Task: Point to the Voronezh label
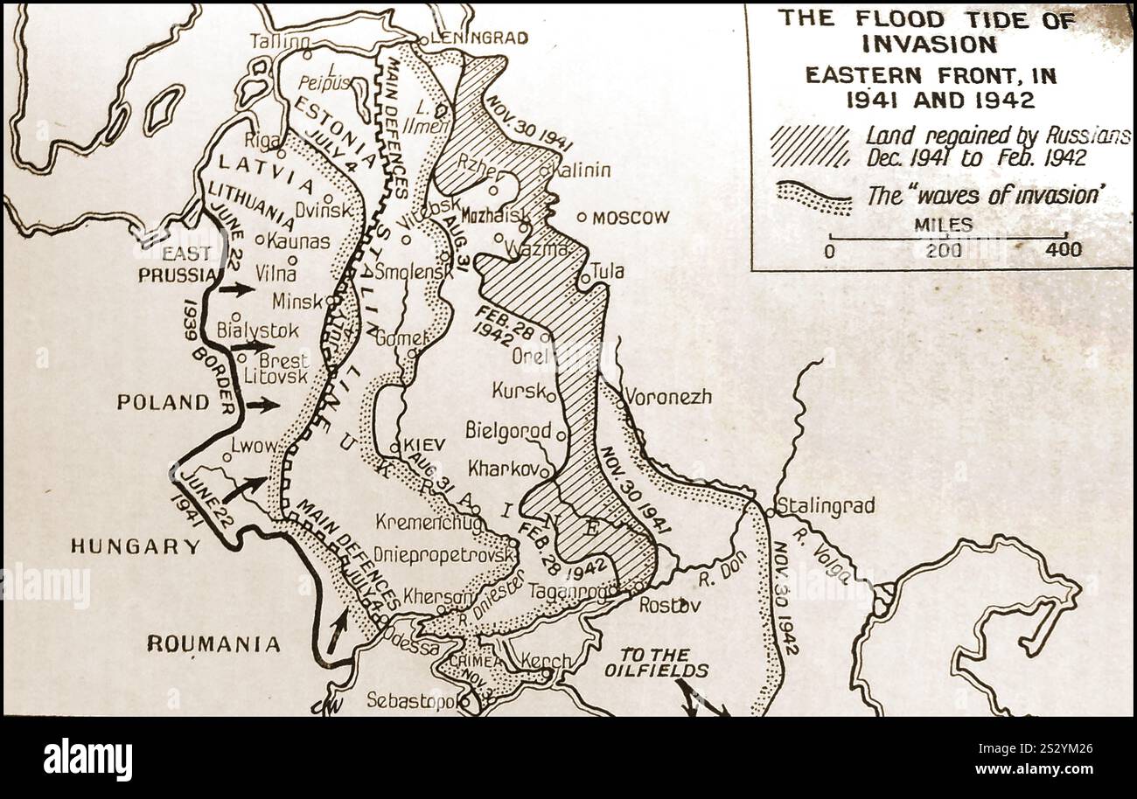click(668, 396)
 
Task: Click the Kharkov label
click(503, 468)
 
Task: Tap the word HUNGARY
click(136, 546)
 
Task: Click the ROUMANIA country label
click(213, 644)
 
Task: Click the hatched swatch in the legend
click(809, 146)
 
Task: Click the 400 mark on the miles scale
click(1063, 250)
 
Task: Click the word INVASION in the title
click(928, 44)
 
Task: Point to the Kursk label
click(518, 390)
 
